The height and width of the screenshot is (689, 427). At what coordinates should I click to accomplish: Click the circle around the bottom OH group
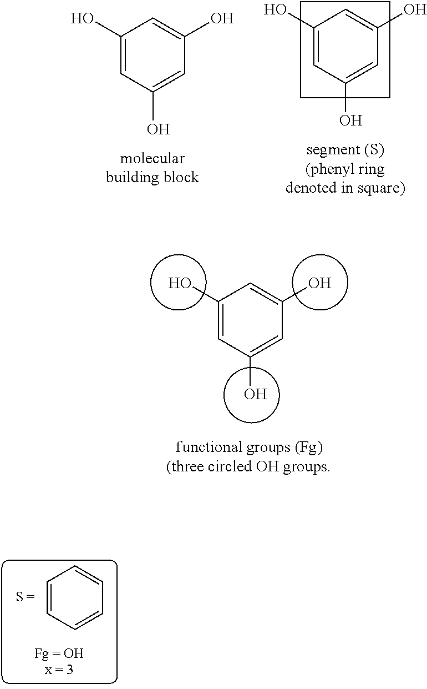click(x=251, y=395)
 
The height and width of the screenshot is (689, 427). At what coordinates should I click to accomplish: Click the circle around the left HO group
click(x=178, y=283)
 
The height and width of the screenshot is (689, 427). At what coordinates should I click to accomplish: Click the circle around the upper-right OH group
click(x=320, y=283)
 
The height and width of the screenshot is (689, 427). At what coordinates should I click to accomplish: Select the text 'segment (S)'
click(x=345, y=150)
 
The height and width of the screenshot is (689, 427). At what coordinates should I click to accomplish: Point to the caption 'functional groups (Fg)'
click(x=249, y=447)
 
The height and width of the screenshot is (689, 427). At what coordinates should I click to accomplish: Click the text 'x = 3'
click(x=59, y=669)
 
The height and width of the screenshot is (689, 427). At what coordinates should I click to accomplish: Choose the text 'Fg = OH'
click(x=59, y=653)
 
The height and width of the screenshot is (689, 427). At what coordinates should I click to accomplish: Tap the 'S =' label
click(x=25, y=597)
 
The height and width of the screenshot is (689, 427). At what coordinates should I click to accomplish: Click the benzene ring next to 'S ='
click(x=75, y=597)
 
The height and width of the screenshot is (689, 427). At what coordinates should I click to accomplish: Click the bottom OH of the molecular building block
click(x=158, y=129)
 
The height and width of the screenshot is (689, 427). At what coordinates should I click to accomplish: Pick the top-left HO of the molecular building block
click(x=83, y=19)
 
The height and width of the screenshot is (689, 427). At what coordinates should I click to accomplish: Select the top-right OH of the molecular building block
click(x=222, y=19)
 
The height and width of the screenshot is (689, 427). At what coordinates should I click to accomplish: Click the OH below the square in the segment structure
click(x=350, y=120)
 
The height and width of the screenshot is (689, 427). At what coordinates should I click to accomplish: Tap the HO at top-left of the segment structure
click(x=276, y=9)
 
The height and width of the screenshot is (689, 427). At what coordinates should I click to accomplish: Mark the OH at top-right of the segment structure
click(x=415, y=9)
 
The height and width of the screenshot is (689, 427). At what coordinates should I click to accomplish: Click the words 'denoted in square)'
click(x=345, y=188)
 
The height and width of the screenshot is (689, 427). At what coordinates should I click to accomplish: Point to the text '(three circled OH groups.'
click(x=248, y=466)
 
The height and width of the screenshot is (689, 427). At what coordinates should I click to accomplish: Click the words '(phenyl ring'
click(x=345, y=169)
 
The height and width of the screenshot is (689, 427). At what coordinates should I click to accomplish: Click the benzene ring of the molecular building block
click(x=152, y=55)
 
